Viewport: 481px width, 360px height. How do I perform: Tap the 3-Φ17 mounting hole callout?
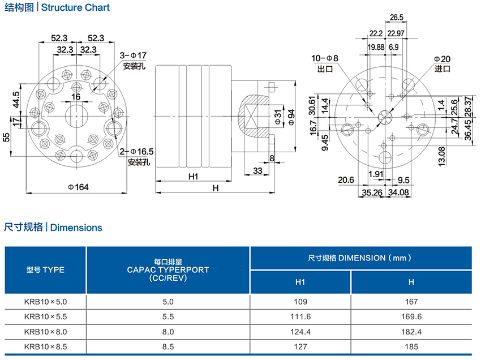tap(133, 55)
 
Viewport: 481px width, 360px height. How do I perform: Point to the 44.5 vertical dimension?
tap(16, 100)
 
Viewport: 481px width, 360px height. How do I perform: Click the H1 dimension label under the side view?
tap(193, 177)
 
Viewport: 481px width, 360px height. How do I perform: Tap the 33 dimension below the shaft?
tap(257, 170)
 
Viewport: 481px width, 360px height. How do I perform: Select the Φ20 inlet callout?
tap(442, 59)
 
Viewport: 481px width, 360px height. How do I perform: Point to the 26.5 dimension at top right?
tap(397, 17)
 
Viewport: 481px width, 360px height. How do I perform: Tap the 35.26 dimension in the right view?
tap(372, 192)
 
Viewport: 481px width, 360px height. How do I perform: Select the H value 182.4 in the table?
tap(411, 331)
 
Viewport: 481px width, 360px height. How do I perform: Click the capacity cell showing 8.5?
tap(168, 346)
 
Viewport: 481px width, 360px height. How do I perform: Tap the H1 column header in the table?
tap(300, 281)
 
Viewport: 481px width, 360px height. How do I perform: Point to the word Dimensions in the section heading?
tap(76, 228)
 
